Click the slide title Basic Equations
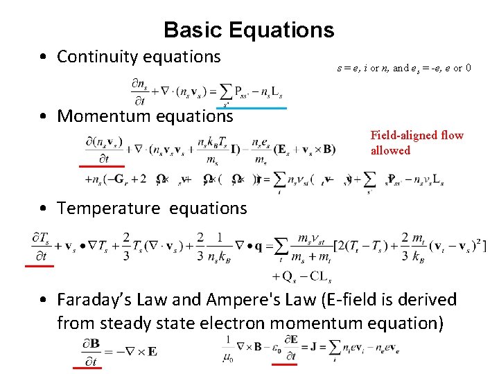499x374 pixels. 249,30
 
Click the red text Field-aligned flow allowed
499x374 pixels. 417,143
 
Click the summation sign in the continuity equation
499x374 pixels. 224,92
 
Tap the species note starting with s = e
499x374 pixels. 404,69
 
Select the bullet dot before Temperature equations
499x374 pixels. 44,208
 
